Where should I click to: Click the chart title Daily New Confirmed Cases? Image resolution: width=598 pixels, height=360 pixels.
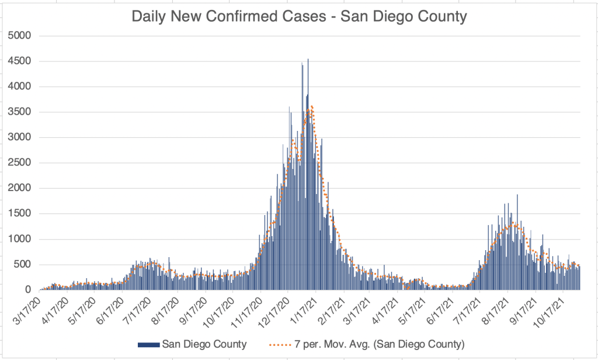coord(299,16)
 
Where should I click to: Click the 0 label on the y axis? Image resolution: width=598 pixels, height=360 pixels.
coord(27,290)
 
